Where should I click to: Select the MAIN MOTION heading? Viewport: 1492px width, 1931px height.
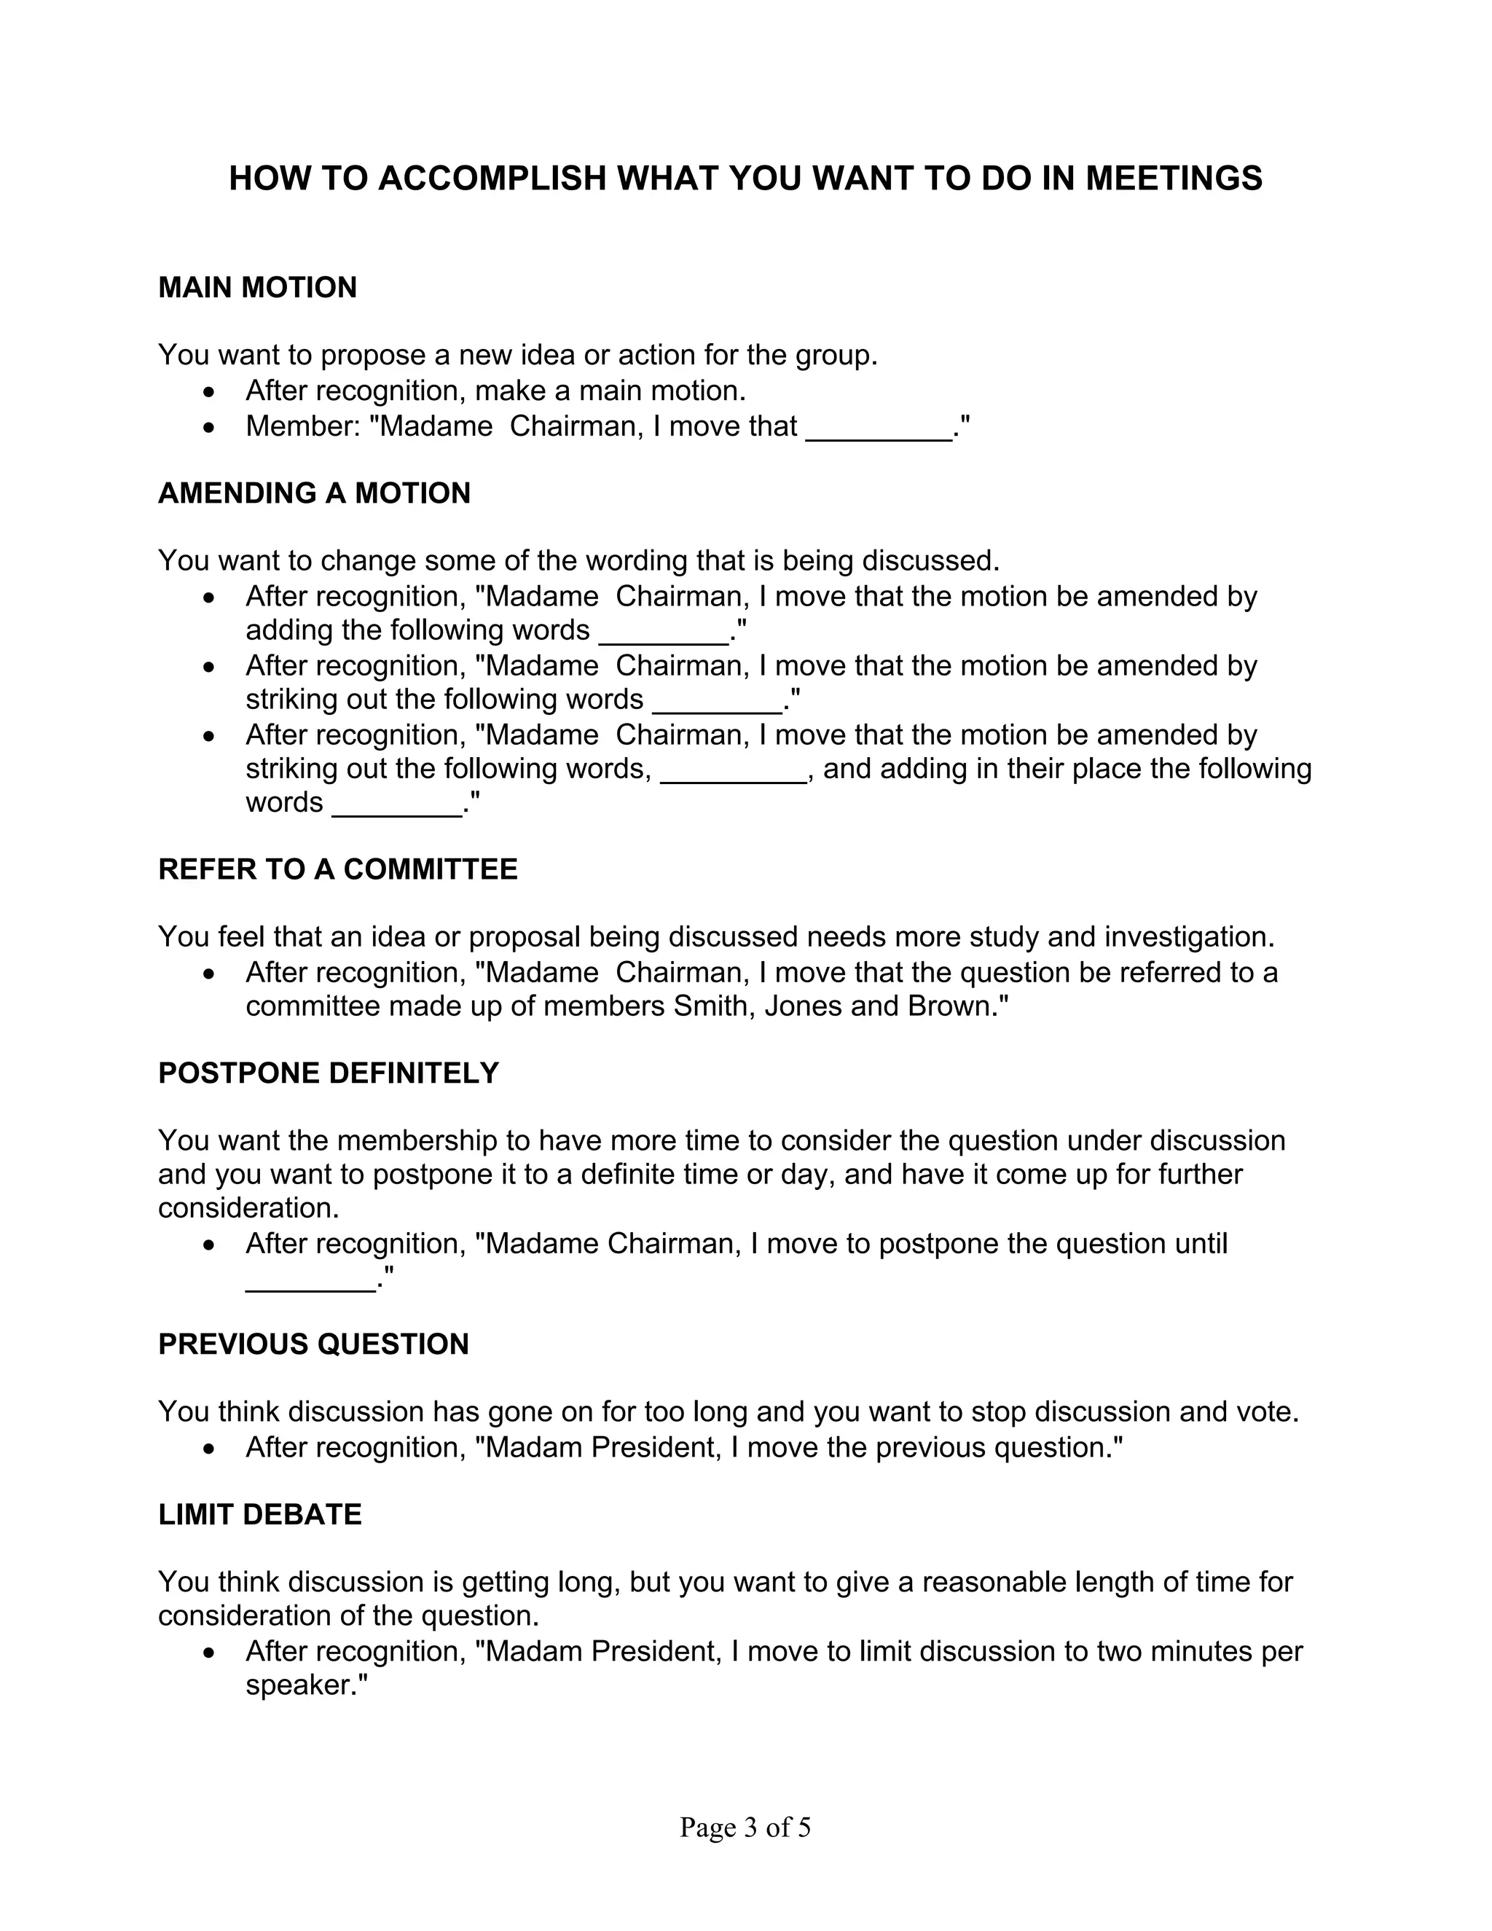[257, 289]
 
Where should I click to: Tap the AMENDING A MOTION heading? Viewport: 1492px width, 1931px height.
[314, 493]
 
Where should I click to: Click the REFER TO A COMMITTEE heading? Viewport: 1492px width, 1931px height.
[337, 869]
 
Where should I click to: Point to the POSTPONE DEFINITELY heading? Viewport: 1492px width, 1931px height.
[328, 1073]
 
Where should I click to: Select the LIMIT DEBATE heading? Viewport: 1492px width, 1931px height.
[260, 1515]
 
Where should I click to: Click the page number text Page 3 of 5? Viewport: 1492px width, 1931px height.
[745, 1828]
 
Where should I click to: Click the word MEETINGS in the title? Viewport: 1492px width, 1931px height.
[1174, 179]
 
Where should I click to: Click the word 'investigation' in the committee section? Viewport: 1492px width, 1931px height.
[1186, 937]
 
